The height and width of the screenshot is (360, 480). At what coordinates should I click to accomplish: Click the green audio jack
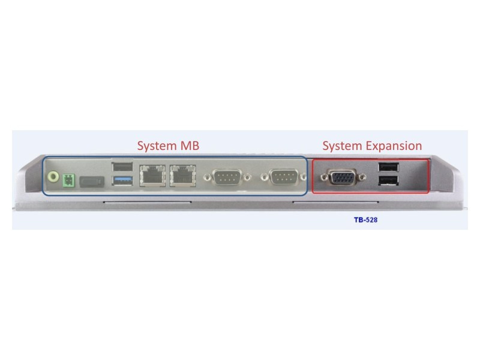pyautogui.click(x=53, y=177)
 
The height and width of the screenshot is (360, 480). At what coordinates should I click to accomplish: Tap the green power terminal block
pyautogui.click(x=68, y=181)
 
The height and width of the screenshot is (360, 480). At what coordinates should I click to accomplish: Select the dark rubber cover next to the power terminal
pyautogui.click(x=92, y=182)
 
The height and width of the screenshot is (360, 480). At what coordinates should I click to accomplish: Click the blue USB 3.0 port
pyautogui.click(x=122, y=181)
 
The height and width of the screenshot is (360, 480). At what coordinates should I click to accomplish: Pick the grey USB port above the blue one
pyautogui.click(x=122, y=167)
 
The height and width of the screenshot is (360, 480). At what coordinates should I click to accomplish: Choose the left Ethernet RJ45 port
pyautogui.click(x=152, y=176)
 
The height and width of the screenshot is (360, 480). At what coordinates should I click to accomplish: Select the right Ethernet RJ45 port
pyautogui.click(x=183, y=176)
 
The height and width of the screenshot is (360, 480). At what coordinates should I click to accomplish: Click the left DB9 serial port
pyautogui.click(x=227, y=177)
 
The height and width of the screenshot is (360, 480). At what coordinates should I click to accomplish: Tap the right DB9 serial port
pyautogui.click(x=283, y=177)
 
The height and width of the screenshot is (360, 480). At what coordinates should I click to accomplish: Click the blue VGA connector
pyautogui.click(x=343, y=176)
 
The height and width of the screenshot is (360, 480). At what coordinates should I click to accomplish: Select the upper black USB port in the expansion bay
pyautogui.click(x=388, y=167)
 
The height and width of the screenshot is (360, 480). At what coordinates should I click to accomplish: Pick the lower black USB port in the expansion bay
pyautogui.click(x=388, y=181)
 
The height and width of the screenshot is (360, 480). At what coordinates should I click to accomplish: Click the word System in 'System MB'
pyautogui.click(x=157, y=146)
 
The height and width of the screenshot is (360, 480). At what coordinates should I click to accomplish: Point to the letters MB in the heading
pyautogui.click(x=190, y=145)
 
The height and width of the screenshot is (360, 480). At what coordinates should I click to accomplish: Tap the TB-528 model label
pyautogui.click(x=365, y=220)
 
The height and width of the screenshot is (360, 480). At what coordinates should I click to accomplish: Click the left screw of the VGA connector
pyautogui.click(x=324, y=177)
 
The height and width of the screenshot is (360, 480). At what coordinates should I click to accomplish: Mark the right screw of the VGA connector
pyautogui.click(x=362, y=176)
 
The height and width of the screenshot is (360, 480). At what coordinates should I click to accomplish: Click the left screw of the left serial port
pyautogui.click(x=208, y=178)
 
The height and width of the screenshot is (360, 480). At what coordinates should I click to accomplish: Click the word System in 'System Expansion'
pyautogui.click(x=343, y=146)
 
